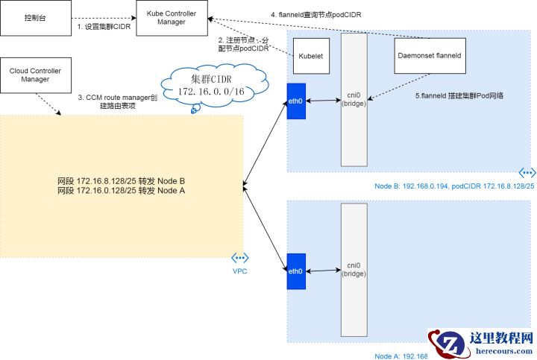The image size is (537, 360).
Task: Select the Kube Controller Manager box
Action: [172, 17]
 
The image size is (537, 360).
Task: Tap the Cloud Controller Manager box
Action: [35, 75]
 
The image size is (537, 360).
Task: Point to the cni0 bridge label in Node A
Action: [354, 269]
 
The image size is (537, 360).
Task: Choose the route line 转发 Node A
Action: [122, 191]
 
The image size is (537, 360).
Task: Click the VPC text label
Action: [240, 271]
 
